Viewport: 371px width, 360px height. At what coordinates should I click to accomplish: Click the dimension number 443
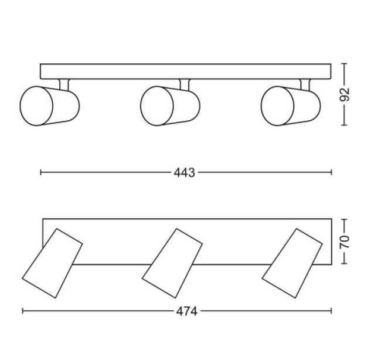(184, 172)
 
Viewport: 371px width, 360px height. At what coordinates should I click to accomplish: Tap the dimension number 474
(187, 311)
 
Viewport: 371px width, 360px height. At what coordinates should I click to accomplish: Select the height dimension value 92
(345, 94)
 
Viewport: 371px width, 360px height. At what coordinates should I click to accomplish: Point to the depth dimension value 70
(345, 242)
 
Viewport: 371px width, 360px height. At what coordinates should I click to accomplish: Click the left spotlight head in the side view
(50, 106)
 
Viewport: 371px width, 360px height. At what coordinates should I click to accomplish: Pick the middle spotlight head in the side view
(171, 106)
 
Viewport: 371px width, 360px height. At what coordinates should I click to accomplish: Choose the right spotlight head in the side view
(291, 106)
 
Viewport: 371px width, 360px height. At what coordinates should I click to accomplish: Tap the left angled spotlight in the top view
(52, 263)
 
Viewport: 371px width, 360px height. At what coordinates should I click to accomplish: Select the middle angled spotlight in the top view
(172, 263)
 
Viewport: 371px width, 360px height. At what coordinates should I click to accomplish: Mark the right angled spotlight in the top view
(292, 263)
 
